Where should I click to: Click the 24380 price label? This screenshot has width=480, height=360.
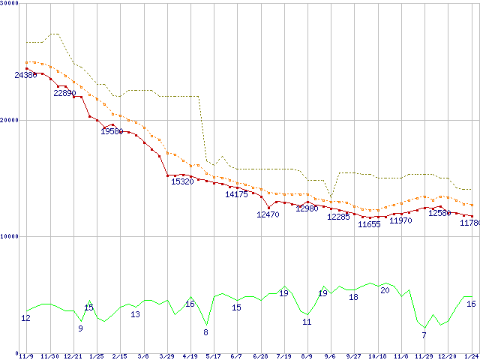click(x=25, y=75)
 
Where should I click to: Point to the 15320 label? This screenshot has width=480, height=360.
click(x=183, y=181)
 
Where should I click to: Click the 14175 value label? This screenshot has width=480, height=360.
click(x=236, y=194)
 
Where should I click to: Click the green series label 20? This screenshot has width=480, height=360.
click(x=385, y=290)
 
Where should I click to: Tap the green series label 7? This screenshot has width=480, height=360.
click(x=424, y=335)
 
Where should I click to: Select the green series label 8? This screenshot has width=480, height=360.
click(x=206, y=332)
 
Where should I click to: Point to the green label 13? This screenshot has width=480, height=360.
click(x=135, y=314)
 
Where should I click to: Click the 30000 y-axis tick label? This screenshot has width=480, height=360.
click(x=11, y=4)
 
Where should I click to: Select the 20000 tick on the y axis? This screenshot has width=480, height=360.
click(x=11, y=120)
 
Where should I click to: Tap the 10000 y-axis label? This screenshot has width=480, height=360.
click(x=11, y=236)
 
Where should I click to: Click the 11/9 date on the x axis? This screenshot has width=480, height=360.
click(x=25, y=356)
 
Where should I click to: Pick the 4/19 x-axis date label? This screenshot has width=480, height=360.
click(x=190, y=356)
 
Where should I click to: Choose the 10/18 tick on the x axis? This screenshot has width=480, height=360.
click(x=377, y=356)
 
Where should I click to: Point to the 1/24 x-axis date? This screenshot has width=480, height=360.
click(x=472, y=356)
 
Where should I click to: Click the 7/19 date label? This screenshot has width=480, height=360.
click(x=283, y=356)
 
